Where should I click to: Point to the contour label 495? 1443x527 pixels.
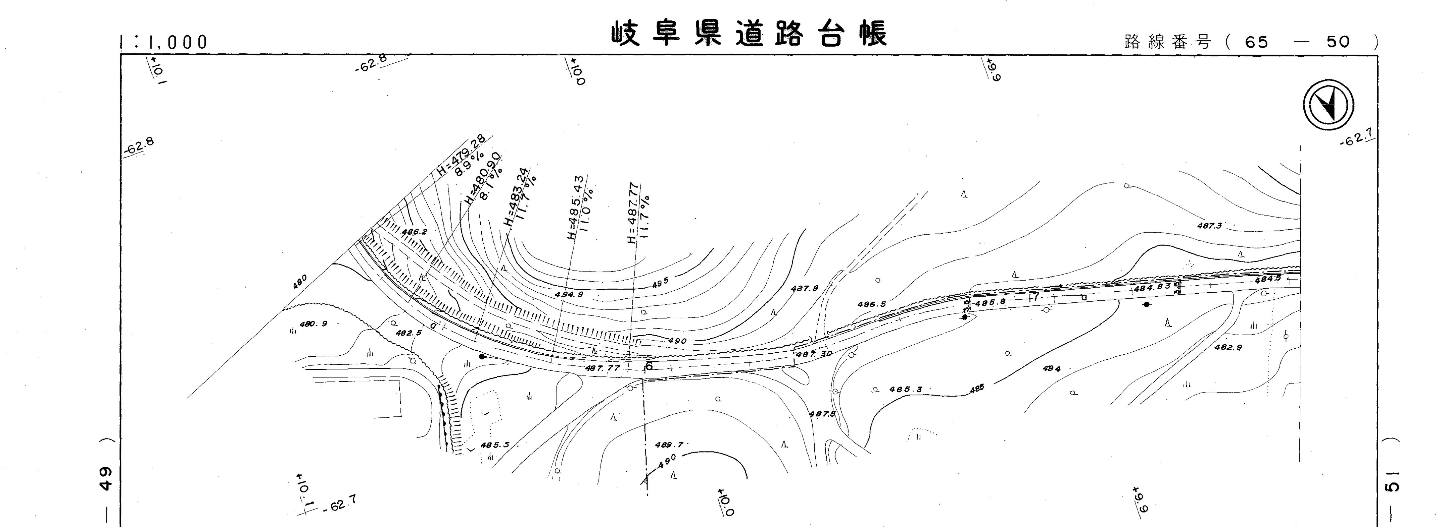point(661,284)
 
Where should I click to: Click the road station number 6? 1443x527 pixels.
point(649,366)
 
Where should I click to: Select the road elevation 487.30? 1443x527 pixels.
point(813,354)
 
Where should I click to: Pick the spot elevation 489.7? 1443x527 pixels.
point(669,445)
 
